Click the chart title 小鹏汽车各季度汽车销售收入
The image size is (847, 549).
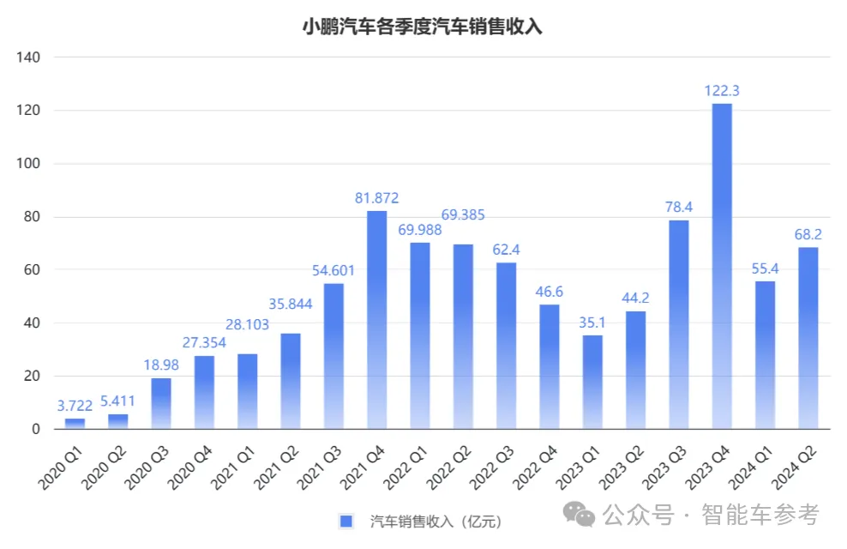coord(423,27)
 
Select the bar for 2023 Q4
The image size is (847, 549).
coord(722,266)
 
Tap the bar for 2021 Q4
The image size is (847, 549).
coord(377,319)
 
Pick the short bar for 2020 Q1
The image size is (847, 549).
coord(75,423)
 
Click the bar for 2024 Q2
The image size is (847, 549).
coord(808,338)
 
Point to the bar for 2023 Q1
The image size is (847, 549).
coord(592,382)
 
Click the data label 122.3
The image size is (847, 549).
coord(722,90)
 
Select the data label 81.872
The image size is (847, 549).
coord(377,197)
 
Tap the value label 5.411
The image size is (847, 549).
coord(118,401)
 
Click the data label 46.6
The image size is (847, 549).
coord(550,291)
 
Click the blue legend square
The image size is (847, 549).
coord(346,521)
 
